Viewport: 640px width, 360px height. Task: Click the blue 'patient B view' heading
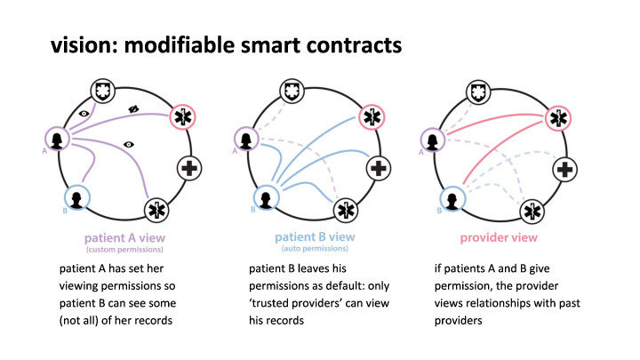[x=317, y=237]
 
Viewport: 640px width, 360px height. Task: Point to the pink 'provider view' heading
[x=498, y=237]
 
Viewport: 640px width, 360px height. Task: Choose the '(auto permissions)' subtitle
[x=317, y=249]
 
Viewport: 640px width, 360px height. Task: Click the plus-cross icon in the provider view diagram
[x=563, y=168]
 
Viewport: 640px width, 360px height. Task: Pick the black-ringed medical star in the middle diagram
[x=348, y=211]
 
